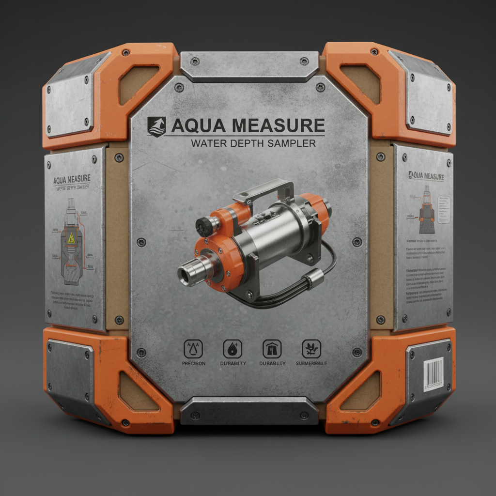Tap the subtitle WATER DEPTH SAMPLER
(x=253, y=143)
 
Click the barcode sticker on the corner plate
(x=434, y=373)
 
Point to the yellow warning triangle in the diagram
(x=71, y=237)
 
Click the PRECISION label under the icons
(x=194, y=363)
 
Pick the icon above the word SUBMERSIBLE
(x=310, y=348)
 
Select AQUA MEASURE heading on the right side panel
(x=426, y=176)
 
